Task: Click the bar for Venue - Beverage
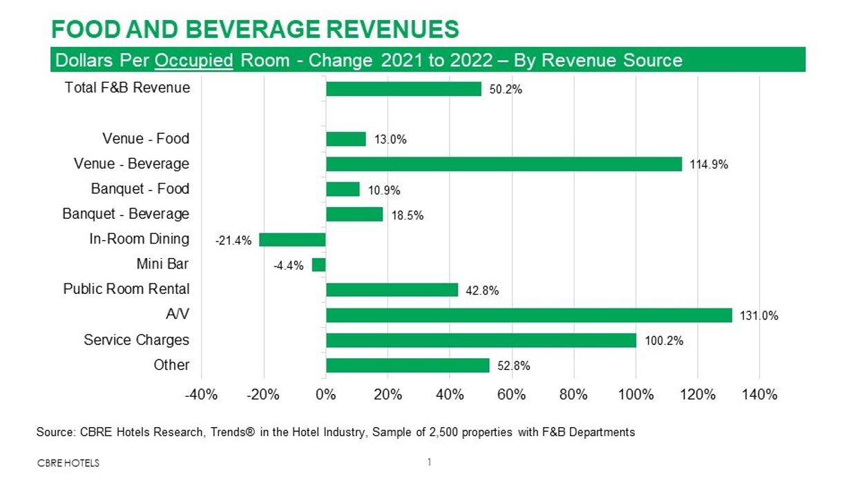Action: (504, 164)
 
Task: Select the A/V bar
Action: (528, 315)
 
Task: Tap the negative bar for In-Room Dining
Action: (292, 239)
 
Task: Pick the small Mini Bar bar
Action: (318, 265)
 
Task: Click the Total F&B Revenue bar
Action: (403, 88)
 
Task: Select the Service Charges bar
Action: (481, 340)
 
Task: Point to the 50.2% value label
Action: (506, 90)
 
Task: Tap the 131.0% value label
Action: (759, 316)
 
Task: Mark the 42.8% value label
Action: (482, 291)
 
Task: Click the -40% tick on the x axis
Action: (201, 395)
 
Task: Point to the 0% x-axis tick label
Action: (325, 395)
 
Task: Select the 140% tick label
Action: (759, 395)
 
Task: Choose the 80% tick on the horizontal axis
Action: (573, 395)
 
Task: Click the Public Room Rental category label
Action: (126, 289)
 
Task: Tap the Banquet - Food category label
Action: (140, 188)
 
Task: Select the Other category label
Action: (171, 365)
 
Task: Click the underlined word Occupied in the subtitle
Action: (194, 61)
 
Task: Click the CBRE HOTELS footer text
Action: (68, 463)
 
